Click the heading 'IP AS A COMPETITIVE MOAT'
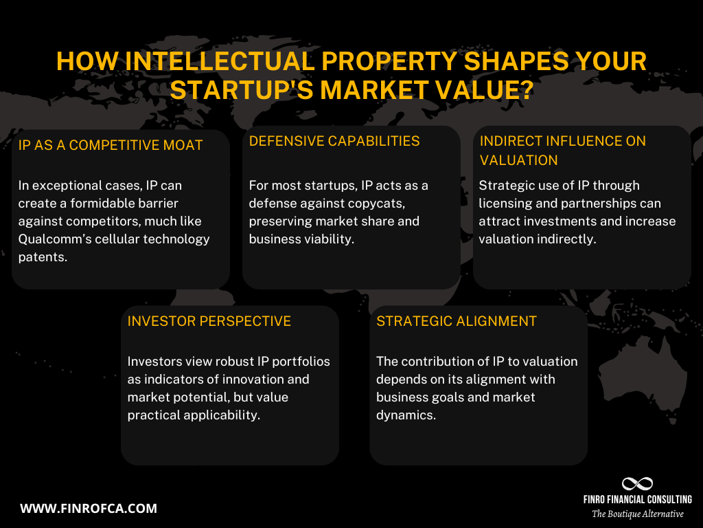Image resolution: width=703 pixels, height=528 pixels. [x=111, y=145]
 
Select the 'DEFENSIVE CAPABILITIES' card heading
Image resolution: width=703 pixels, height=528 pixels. [x=334, y=141]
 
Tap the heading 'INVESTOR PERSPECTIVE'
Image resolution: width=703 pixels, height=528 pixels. [x=209, y=321]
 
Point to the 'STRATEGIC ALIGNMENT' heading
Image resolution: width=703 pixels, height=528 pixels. [x=457, y=321]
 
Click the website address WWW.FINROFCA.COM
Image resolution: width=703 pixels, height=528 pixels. [x=89, y=509]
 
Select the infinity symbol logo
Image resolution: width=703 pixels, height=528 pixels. [x=637, y=483]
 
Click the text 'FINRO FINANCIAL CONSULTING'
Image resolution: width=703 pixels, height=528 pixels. [x=637, y=499]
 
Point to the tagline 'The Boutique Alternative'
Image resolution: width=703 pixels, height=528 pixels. [x=638, y=514]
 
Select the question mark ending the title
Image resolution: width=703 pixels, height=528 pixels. [x=525, y=89]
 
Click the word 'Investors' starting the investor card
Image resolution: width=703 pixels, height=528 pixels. [x=154, y=362]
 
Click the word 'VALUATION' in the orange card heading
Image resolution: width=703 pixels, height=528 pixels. [x=518, y=160]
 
